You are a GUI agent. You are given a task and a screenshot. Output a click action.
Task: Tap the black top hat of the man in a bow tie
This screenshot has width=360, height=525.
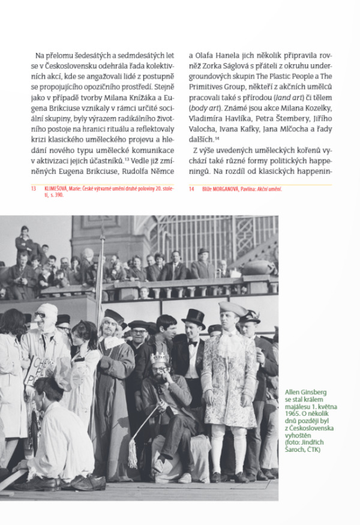[x=194, y=317]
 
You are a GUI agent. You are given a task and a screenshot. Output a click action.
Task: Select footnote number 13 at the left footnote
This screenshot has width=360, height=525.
[x=34, y=188]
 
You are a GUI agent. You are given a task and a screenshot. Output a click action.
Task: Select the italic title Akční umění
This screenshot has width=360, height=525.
[x=268, y=188]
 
